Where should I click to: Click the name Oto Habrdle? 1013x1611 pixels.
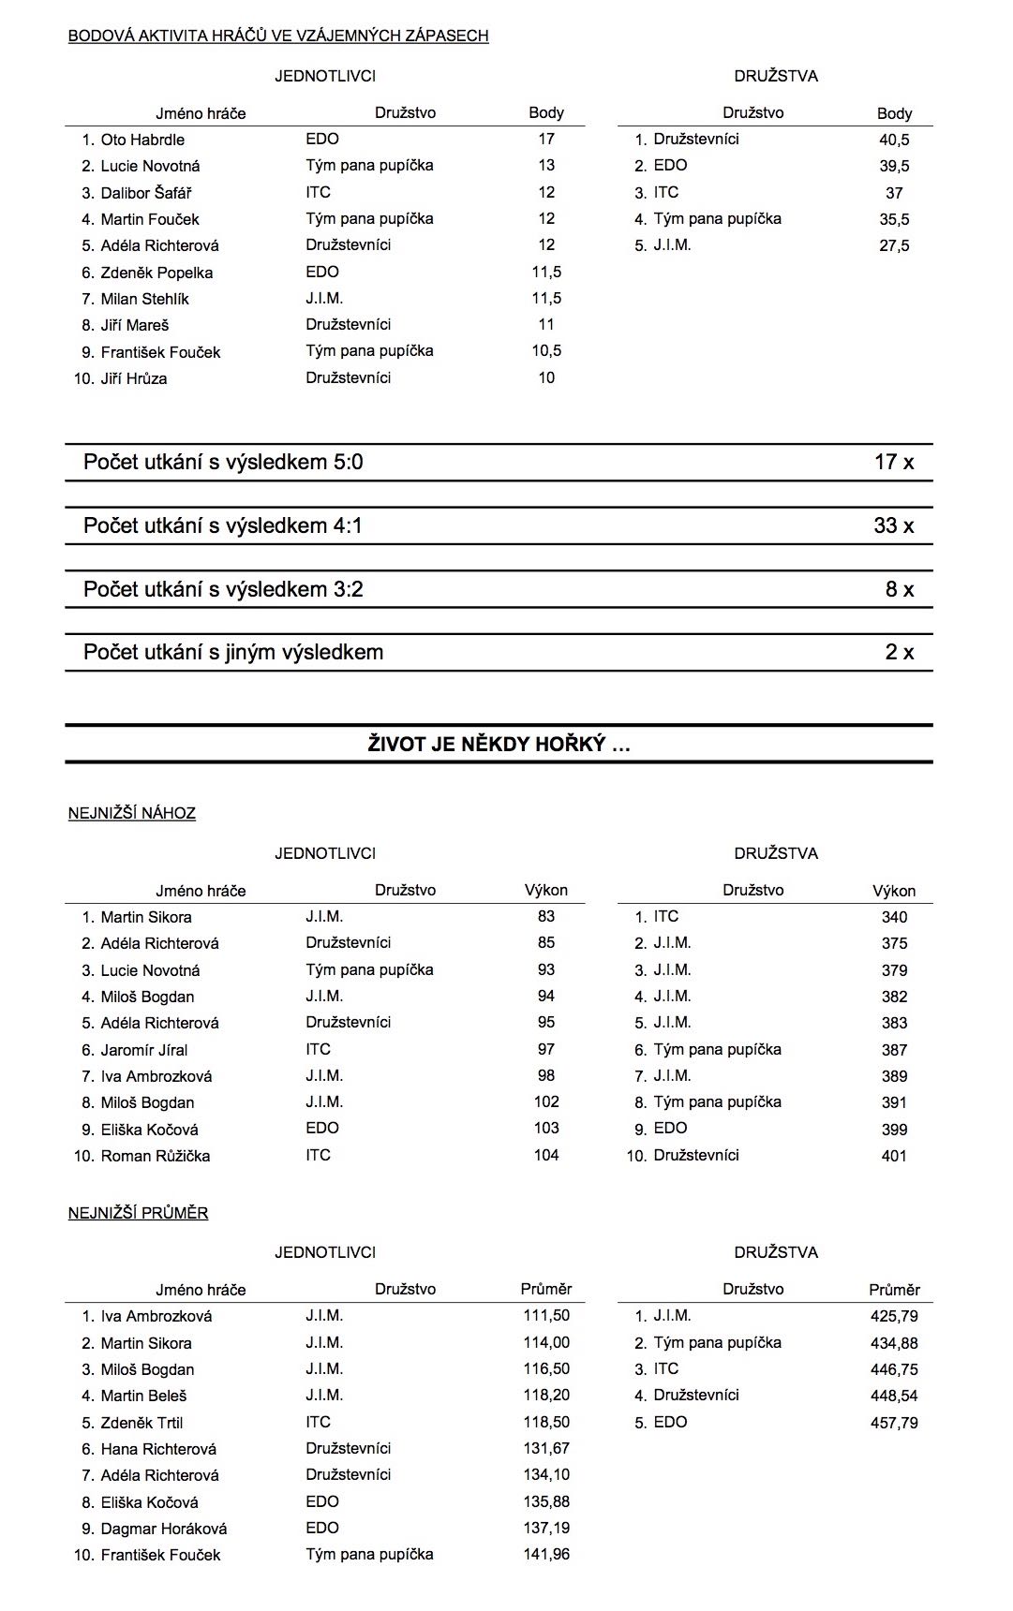tap(142, 140)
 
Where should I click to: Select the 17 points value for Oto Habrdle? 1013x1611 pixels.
tap(546, 139)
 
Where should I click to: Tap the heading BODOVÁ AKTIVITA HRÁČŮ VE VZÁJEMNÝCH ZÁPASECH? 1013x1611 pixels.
tap(278, 36)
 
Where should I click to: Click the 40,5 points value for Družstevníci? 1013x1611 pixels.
tap(894, 140)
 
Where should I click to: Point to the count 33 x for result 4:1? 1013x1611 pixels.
tap(893, 525)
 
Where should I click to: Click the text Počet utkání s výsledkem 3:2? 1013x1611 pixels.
tap(223, 589)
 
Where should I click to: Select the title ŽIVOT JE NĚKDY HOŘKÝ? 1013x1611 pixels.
tap(499, 745)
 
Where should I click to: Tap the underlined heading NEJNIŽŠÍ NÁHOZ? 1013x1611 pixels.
tap(132, 813)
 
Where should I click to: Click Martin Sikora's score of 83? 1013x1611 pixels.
tap(546, 916)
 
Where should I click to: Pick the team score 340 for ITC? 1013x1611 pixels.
tap(894, 917)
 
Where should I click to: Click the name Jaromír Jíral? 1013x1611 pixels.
tap(144, 1050)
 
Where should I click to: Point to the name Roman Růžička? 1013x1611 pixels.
tap(156, 1156)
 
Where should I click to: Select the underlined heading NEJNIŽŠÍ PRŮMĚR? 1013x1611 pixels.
tap(138, 1213)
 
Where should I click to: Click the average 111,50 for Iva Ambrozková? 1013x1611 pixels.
tap(546, 1315)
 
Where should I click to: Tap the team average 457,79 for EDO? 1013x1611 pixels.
tap(894, 1423)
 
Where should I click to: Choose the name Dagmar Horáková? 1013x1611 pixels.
tap(164, 1529)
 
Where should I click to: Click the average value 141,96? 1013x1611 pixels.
tap(546, 1554)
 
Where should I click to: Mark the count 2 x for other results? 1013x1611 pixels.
tap(899, 652)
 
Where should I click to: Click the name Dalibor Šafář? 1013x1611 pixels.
tap(146, 193)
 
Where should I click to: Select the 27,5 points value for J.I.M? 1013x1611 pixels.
tap(894, 245)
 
